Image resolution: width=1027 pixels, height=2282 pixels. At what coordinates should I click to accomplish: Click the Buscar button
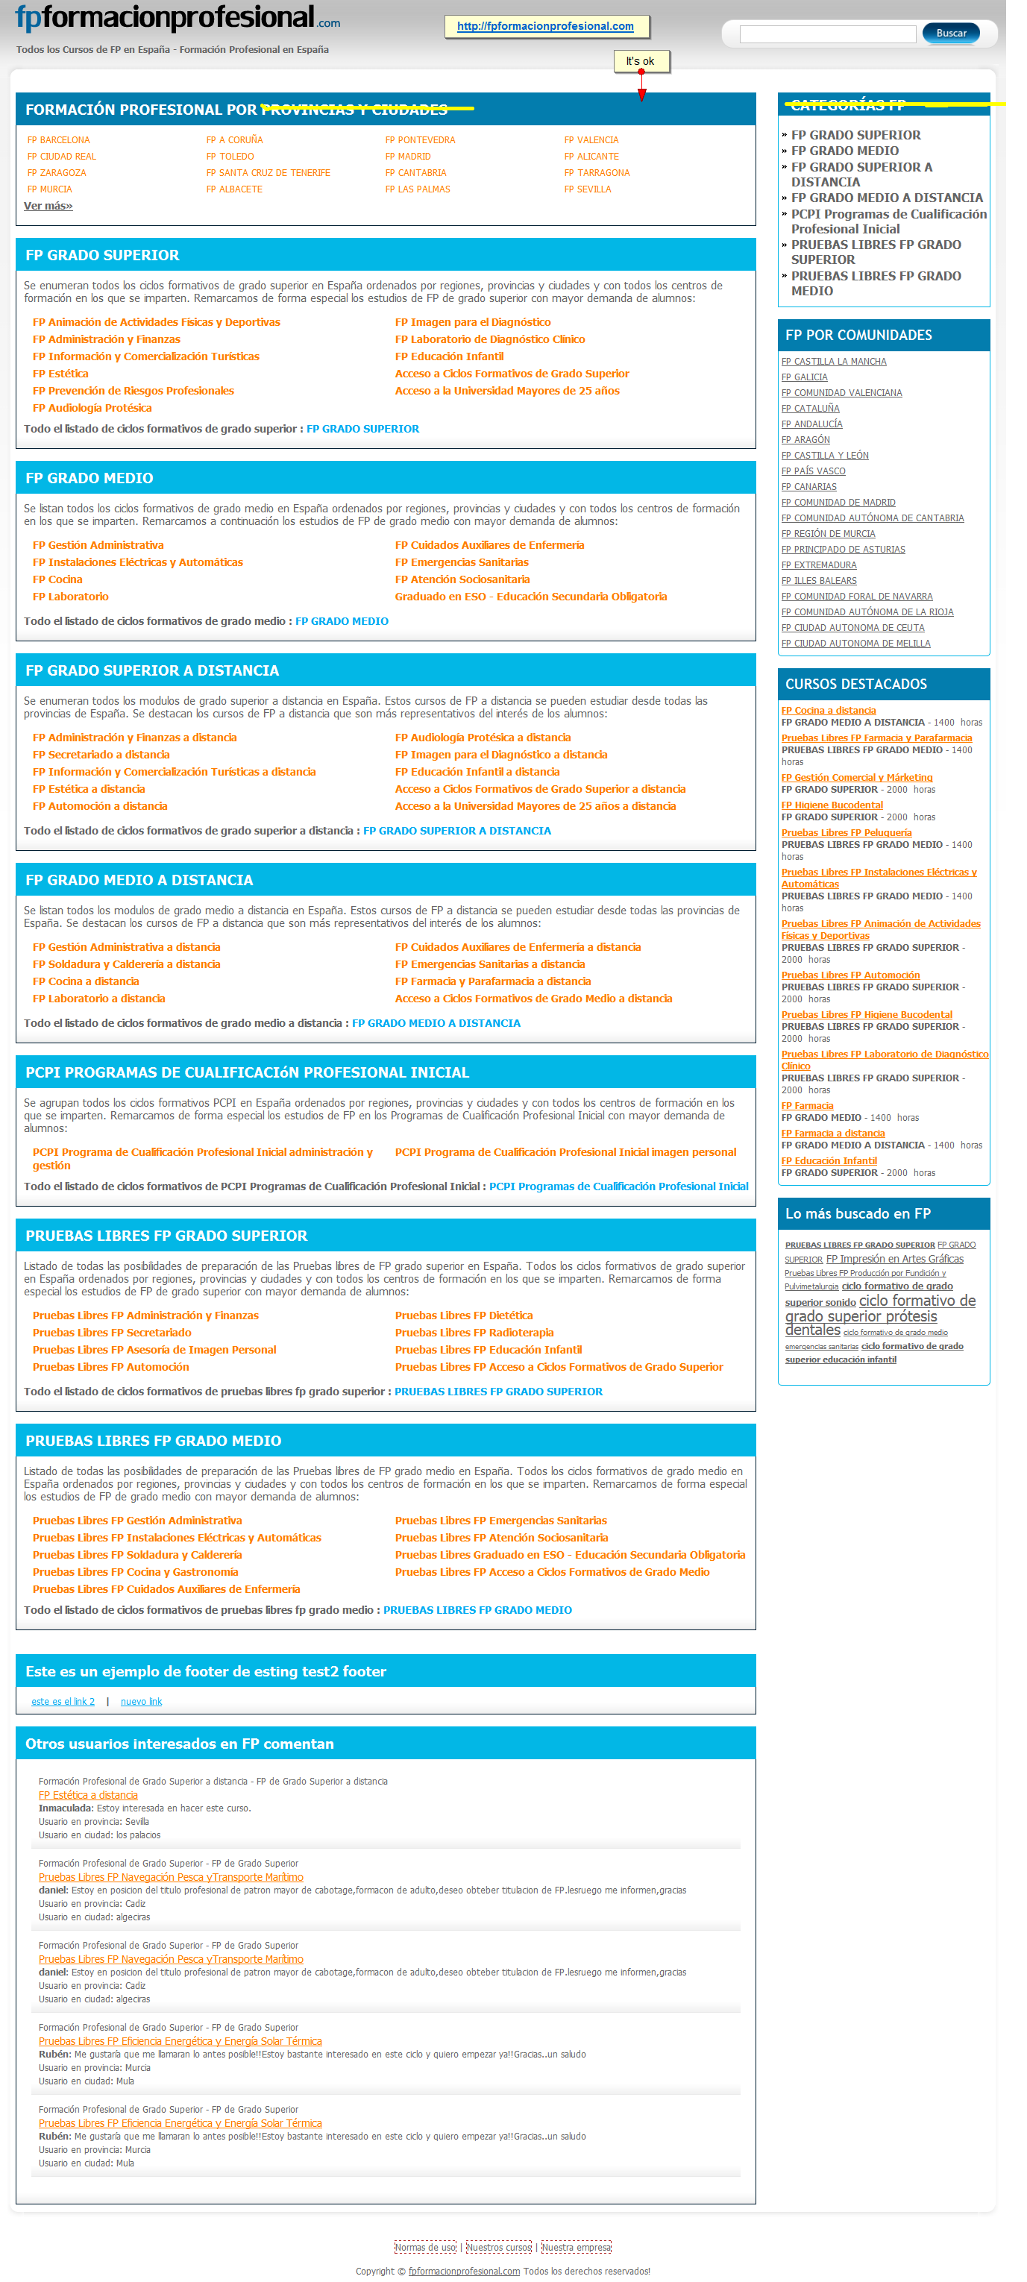[950, 33]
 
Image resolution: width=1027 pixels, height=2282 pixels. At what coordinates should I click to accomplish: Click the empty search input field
[826, 34]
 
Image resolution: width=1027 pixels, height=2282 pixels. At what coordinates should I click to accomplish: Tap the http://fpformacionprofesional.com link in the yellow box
[545, 27]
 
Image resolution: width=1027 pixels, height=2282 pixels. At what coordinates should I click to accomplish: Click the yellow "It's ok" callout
[640, 61]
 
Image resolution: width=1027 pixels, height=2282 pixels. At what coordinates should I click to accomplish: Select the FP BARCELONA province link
[58, 140]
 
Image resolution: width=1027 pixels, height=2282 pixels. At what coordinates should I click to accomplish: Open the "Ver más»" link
[48, 206]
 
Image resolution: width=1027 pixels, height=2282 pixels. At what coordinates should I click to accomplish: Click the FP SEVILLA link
[588, 189]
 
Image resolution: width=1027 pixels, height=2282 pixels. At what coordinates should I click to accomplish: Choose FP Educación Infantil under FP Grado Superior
[448, 357]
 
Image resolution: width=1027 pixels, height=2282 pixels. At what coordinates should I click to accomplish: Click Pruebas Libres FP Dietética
[463, 1316]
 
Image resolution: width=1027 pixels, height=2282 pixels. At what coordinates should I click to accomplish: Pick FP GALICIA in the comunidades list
[805, 377]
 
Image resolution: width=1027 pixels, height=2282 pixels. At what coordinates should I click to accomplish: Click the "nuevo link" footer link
[141, 1702]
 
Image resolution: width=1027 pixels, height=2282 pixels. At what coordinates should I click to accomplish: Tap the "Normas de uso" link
[425, 2248]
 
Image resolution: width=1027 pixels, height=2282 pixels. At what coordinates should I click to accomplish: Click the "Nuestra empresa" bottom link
[576, 2248]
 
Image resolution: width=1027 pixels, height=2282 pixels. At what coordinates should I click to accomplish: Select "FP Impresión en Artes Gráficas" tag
[894, 1259]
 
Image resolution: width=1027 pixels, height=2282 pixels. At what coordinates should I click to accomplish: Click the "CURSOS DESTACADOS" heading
[856, 684]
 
